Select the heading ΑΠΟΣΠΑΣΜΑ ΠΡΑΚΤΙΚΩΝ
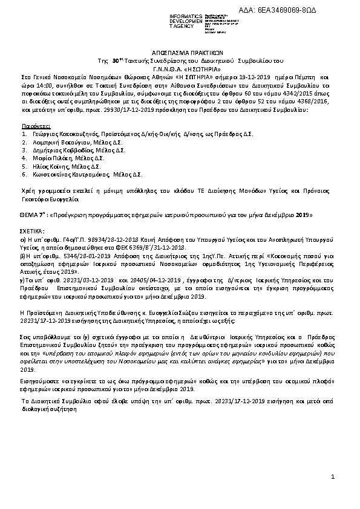point(180,52)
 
